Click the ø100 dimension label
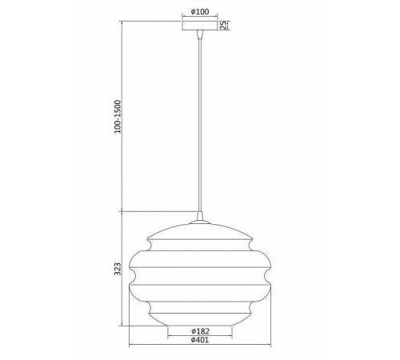pyautogui.click(x=200, y=12)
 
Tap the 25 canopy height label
pyautogui.click(x=223, y=25)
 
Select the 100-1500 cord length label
pyautogui.click(x=118, y=117)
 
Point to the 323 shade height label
pyautogui.click(x=118, y=269)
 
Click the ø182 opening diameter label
pyautogui.click(x=200, y=331)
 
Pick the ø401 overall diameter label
pyautogui.click(x=200, y=340)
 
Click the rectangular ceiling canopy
pyautogui.click(x=200, y=25)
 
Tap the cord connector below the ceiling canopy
pyautogui.click(x=200, y=34)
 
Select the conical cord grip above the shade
pyautogui.click(x=200, y=215)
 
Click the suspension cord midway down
pyautogui.click(x=200, y=125)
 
